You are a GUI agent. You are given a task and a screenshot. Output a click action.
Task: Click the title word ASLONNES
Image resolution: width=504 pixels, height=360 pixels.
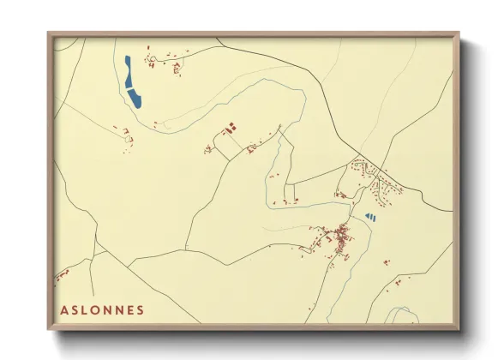pos(102,309)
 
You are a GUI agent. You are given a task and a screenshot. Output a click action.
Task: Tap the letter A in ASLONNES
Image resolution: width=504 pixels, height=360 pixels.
pos(64,309)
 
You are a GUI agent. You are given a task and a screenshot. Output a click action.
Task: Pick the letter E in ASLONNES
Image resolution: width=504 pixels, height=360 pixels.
pos(130,309)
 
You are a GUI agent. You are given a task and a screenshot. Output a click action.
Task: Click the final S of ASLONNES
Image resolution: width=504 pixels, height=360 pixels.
pos(141,309)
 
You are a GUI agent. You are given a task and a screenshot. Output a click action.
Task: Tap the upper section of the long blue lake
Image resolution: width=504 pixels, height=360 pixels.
pos(128,66)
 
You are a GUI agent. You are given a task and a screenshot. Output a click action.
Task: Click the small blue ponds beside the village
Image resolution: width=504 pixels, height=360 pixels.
pos(370,217)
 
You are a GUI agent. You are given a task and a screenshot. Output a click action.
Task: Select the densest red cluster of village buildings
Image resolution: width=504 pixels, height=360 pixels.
pos(340,235)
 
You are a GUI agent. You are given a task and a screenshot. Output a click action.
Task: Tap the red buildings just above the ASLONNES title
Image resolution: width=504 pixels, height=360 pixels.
pos(61,276)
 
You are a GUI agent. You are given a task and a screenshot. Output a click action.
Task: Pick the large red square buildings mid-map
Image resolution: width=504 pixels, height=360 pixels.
pos(230,129)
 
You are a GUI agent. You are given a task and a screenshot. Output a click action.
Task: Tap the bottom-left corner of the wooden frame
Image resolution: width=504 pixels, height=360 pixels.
pos(50,328)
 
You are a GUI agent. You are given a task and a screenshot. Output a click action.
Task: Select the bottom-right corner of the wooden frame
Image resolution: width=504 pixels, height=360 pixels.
pos(459,328)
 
